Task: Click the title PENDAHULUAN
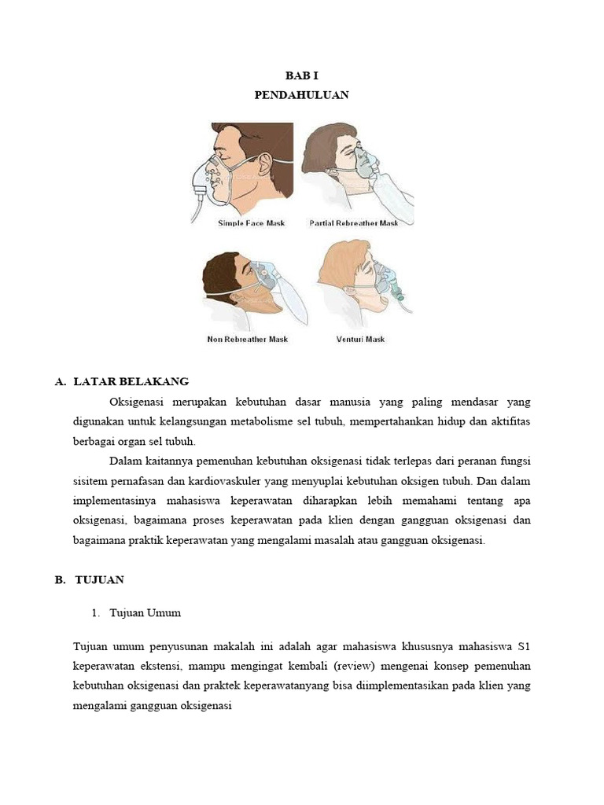tap(301, 95)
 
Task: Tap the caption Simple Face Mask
tap(251, 223)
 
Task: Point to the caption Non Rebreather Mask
tap(247, 340)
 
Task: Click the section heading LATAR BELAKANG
tap(131, 381)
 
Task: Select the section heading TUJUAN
tap(99, 579)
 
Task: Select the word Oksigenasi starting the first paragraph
tap(138, 402)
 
